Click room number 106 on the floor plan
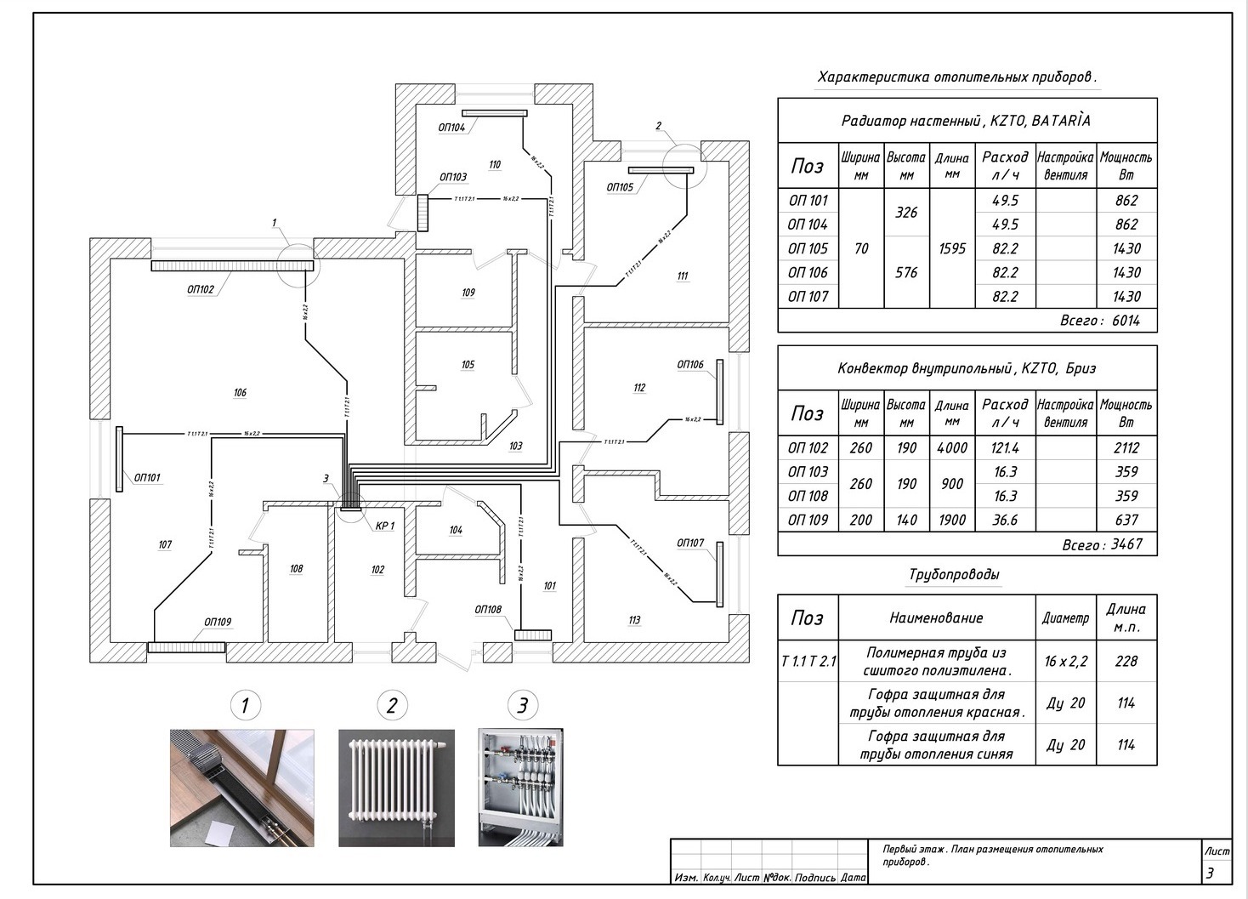click(x=240, y=392)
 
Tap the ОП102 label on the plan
click(x=201, y=289)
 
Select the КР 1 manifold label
click(x=385, y=526)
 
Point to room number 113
click(x=634, y=620)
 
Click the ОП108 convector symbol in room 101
click(x=533, y=634)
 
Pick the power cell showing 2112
click(x=1126, y=448)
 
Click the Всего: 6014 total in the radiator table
click(x=1100, y=321)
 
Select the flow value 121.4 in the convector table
click(x=1005, y=448)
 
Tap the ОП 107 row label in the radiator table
click(x=807, y=296)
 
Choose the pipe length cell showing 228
click(x=1126, y=661)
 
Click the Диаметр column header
click(x=1065, y=618)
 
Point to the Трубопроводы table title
click(x=954, y=574)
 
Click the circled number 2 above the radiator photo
click(x=392, y=705)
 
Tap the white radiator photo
click(x=396, y=788)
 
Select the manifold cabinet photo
click(x=520, y=788)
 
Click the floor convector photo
click(x=241, y=788)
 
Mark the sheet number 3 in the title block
click(x=1210, y=873)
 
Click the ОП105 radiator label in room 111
click(x=620, y=187)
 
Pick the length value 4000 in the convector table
click(x=951, y=448)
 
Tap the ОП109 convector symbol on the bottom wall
click(x=186, y=647)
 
